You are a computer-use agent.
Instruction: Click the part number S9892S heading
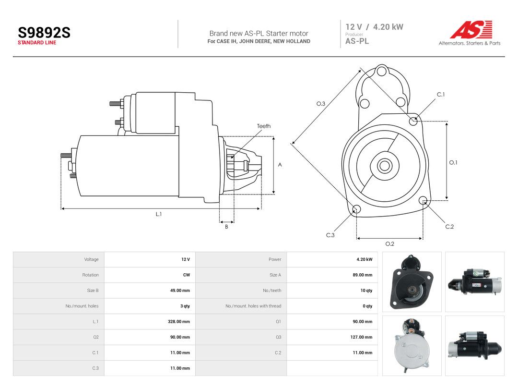[x=44, y=33]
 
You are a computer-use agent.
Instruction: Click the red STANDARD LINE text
[x=37, y=43]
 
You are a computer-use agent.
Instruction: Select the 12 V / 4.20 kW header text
[x=374, y=27]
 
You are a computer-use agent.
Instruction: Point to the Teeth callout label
[x=264, y=126]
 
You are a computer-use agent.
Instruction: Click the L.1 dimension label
[x=159, y=214]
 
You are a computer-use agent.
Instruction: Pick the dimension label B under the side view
[x=226, y=227]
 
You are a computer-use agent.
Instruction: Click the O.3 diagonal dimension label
[x=321, y=104]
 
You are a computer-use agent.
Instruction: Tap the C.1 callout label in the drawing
[x=441, y=95]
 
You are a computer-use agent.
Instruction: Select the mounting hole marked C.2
[x=423, y=200]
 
